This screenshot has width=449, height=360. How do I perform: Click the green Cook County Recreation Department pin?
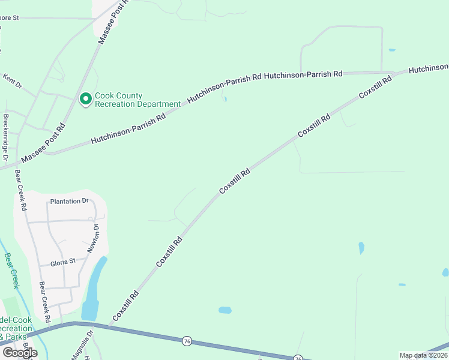pyautogui.click(x=85, y=98)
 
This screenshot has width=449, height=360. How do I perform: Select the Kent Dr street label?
pyautogui.click(x=12, y=81)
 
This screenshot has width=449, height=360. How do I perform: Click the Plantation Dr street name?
pyautogui.click(x=69, y=201)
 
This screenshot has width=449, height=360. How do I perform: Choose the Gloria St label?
pyautogui.click(x=63, y=262)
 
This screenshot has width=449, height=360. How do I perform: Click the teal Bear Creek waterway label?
pyautogui.click(x=12, y=271)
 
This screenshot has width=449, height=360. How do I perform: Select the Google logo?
pyautogui.click(x=20, y=353)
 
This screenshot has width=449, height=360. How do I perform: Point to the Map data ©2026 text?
pyautogui.click(x=423, y=355)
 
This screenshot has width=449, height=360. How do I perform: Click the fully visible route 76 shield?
pyautogui.click(x=187, y=341)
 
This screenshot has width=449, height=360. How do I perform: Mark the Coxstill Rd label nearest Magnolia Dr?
pyautogui.click(x=125, y=305)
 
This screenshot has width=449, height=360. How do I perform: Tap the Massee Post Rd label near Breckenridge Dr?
pyautogui.click(x=43, y=144)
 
